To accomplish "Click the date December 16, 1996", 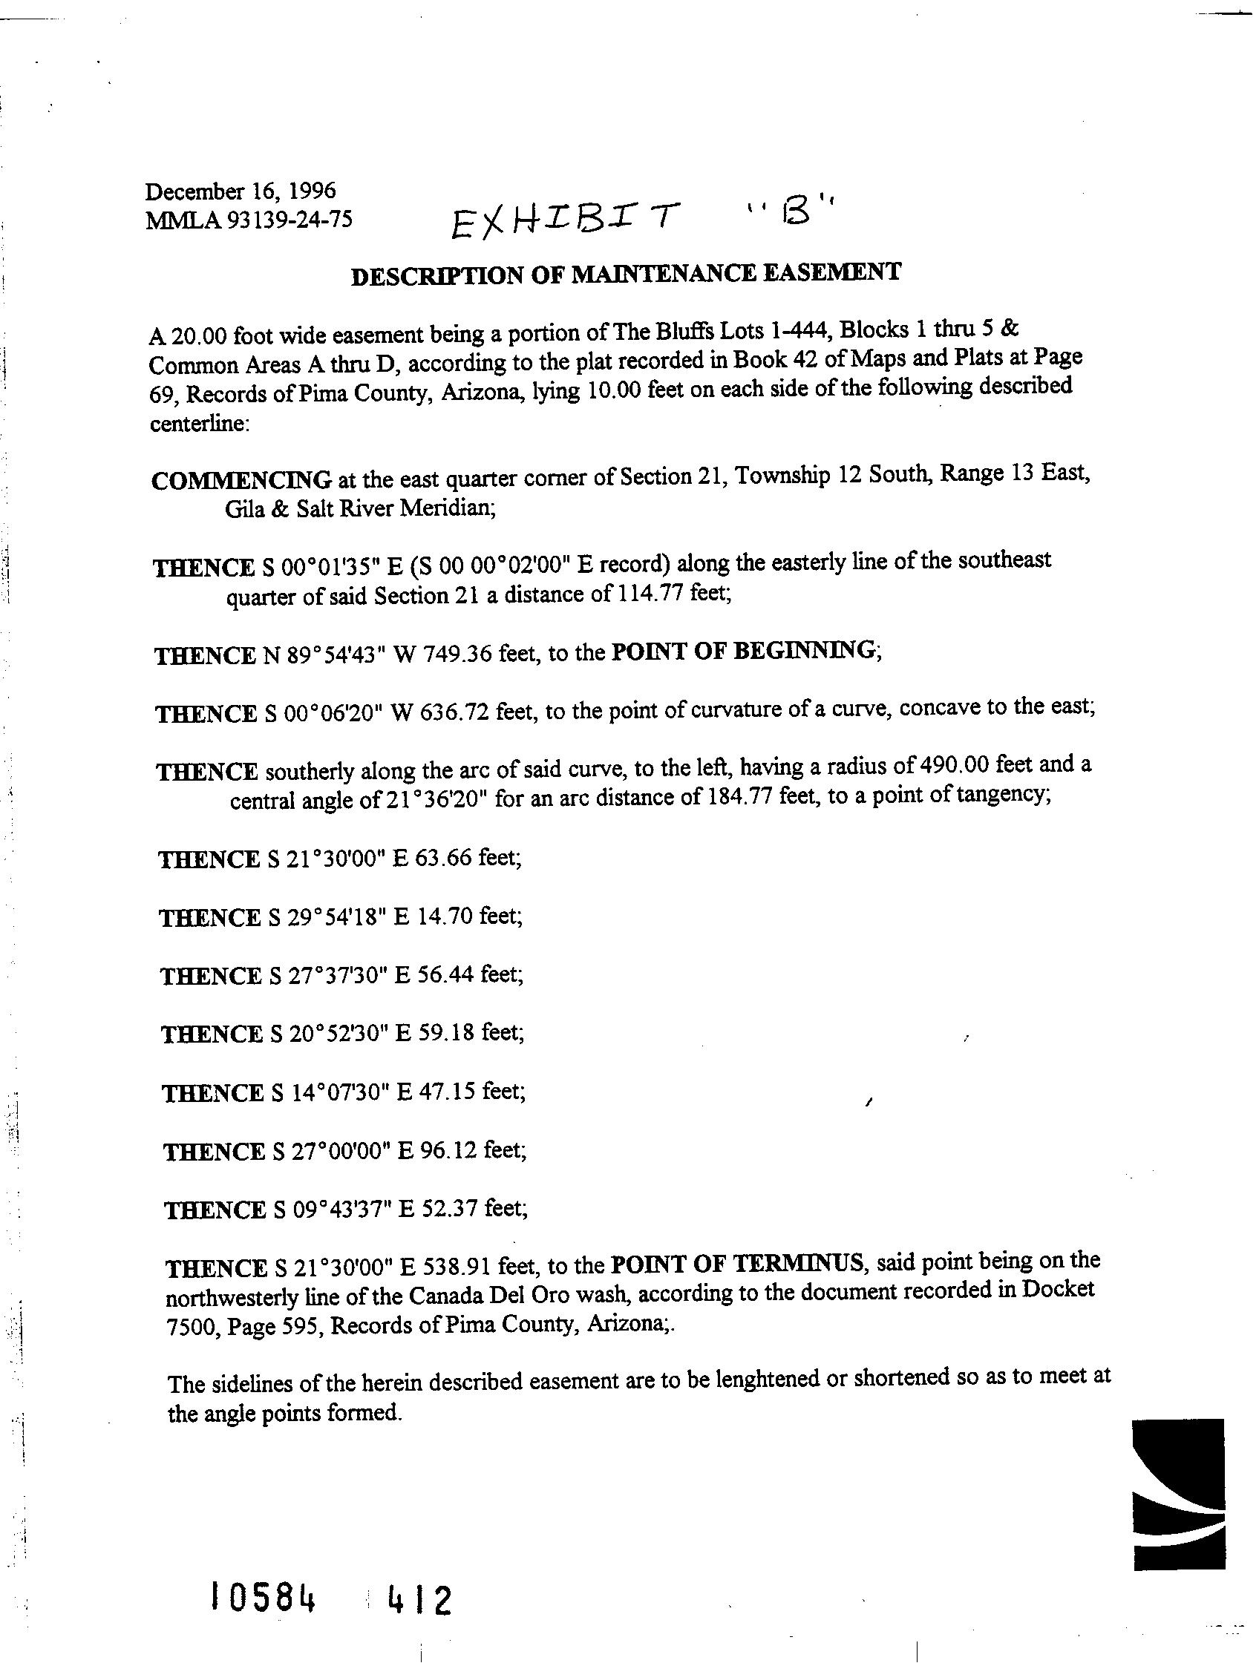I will (240, 191).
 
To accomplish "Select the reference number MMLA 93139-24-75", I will (249, 220).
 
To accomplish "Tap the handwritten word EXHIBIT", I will (563, 218).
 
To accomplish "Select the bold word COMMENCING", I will (241, 479).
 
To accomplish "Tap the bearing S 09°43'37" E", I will (342, 1210).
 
